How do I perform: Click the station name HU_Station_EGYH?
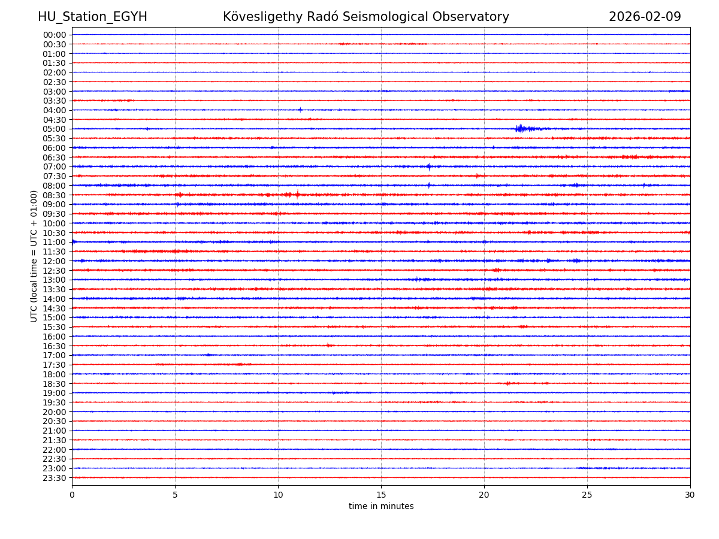[x=92, y=17]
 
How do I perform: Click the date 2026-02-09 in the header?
[x=645, y=17]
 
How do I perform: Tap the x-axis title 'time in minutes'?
[x=381, y=506]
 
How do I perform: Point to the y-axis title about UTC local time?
[x=34, y=256]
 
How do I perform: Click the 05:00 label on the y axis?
[x=55, y=129]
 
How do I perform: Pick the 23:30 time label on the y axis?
[x=55, y=478]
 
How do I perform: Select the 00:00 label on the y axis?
[x=55, y=35]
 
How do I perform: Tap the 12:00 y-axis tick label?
[x=55, y=261]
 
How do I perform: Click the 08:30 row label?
[x=55, y=195]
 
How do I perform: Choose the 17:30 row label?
[x=55, y=365]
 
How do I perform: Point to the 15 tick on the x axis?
[x=381, y=495]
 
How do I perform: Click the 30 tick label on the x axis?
[x=690, y=495]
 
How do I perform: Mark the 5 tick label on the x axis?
[x=175, y=495]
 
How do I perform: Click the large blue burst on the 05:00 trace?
[x=521, y=128]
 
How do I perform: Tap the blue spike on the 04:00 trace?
[x=300, y=110]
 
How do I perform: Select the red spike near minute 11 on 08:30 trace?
[x=297, y=194]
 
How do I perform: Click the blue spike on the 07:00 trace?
[x=429, y=166]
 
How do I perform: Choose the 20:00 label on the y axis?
[x=55, y=412]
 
